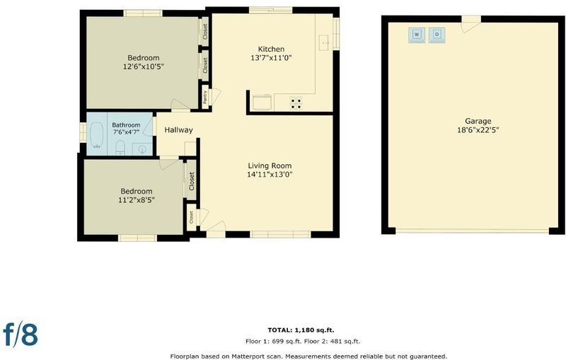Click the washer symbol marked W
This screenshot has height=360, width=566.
(x=417, y=35)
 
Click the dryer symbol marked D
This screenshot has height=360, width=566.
(x=437, y=35)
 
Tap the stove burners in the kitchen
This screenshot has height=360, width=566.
(x=296, y=103)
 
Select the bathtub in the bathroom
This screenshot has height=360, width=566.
(x=96, y=135)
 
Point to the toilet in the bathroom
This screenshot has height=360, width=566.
(x=120, y=148)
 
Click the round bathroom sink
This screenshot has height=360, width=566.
(x=143, y=149)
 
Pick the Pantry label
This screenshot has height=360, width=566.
(x=205, y=97)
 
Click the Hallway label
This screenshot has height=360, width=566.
(x=179, y=130)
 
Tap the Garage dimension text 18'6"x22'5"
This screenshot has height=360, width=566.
(x=478, y=130)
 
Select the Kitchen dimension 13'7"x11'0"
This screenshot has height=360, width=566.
(x=271, y=58)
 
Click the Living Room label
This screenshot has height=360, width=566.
(x=270, y=166)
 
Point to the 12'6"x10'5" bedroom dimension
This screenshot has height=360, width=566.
(x=144, y=66)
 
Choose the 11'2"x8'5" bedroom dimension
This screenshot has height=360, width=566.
(x=137, y=200)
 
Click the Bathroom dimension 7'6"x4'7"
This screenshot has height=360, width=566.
(x=126, y=132)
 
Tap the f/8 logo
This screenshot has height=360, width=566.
(x=21, y=334)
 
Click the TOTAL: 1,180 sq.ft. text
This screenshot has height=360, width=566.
(x=301, y=330)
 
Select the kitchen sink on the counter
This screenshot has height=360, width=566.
(x=324, y=42)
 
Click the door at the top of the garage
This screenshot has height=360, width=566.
(x=471, y=24)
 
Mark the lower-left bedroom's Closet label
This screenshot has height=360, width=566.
(x=192, y=181)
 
